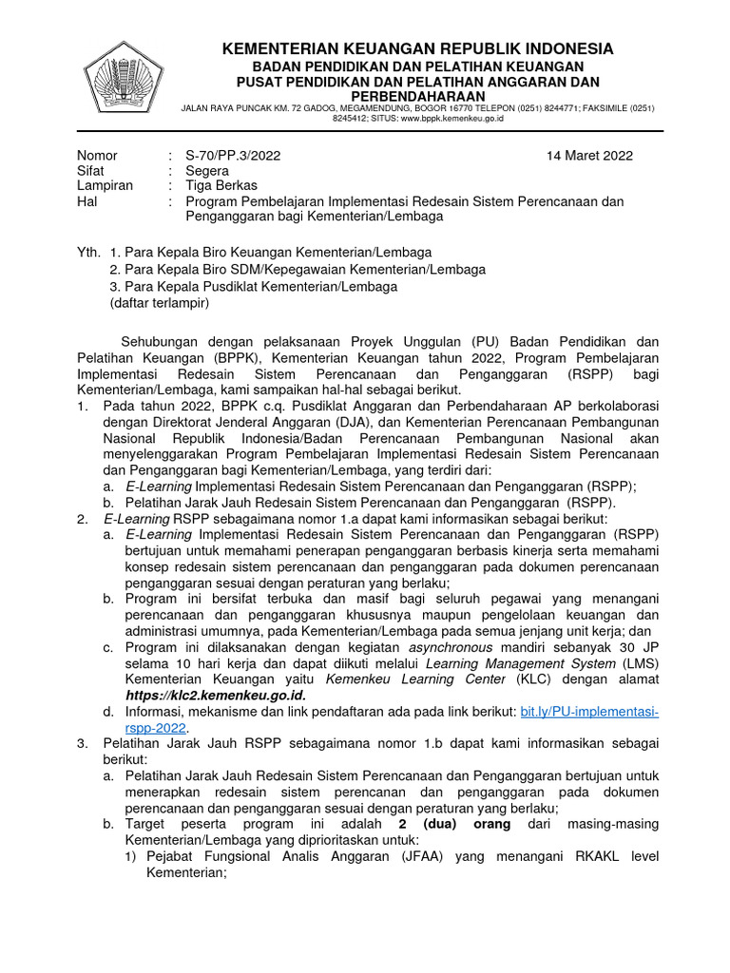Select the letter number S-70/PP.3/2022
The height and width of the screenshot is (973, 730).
233,156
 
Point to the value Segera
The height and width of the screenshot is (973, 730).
207,171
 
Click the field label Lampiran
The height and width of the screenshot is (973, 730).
105,186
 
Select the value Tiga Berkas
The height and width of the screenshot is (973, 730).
221,186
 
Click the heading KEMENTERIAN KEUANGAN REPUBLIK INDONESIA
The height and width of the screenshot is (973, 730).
417,48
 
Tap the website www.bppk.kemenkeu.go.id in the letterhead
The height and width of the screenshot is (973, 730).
451,119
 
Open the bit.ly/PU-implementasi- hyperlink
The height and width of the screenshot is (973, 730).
589,712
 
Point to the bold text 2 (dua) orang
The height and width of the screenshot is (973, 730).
467,825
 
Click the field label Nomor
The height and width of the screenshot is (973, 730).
97,156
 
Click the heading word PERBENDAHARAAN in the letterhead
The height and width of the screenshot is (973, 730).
417,97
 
